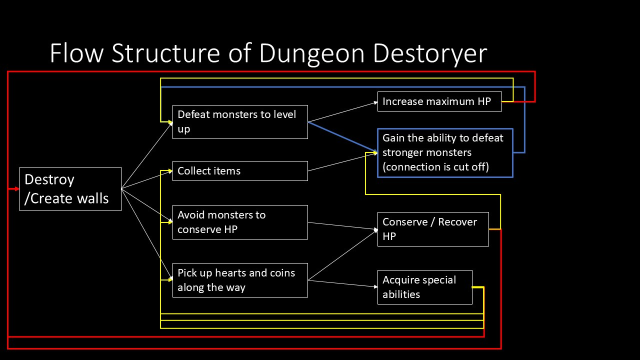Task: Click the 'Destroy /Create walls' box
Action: tap(70, 189)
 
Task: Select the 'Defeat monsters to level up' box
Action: tap(240, 121)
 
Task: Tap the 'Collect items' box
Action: tap(240, 171)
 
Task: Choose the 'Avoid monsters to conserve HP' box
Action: tap(240, 222)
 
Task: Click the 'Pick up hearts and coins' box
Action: tap(240, 280)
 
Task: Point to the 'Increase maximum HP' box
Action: tap(439, 102)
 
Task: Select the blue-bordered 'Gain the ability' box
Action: tap(445, 152)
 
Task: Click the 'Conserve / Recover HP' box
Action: tap(433, 229)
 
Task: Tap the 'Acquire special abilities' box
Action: tap(424, 287)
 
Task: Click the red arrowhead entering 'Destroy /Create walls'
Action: tap(16, 189)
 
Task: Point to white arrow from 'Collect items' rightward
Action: tap(342, 162)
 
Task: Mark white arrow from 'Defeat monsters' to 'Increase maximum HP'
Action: tap(342, 112)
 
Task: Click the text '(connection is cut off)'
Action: tap(435, 167)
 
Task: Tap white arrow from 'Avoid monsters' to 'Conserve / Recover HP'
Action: tap(342, 226)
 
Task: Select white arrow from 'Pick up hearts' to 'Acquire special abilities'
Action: tap(342, 283)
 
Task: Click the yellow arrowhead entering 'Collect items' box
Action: tap(169, 171)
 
